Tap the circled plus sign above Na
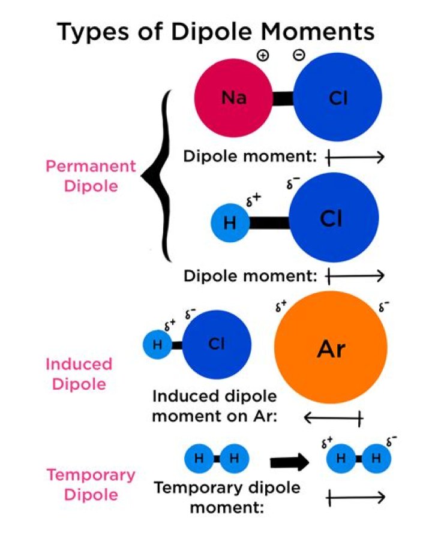click(x=263, y=55)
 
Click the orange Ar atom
click(x=331, y=348)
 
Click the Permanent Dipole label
click(x=91, y=176)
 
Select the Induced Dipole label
click(x=79, y=374)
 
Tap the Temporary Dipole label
click(x=91, y=484)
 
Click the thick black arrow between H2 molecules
click(x=289, y=462)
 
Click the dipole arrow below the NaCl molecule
click(x=355, y=158)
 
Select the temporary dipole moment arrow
click(x=355, y=497)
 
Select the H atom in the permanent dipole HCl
click(x=229, y=224)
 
